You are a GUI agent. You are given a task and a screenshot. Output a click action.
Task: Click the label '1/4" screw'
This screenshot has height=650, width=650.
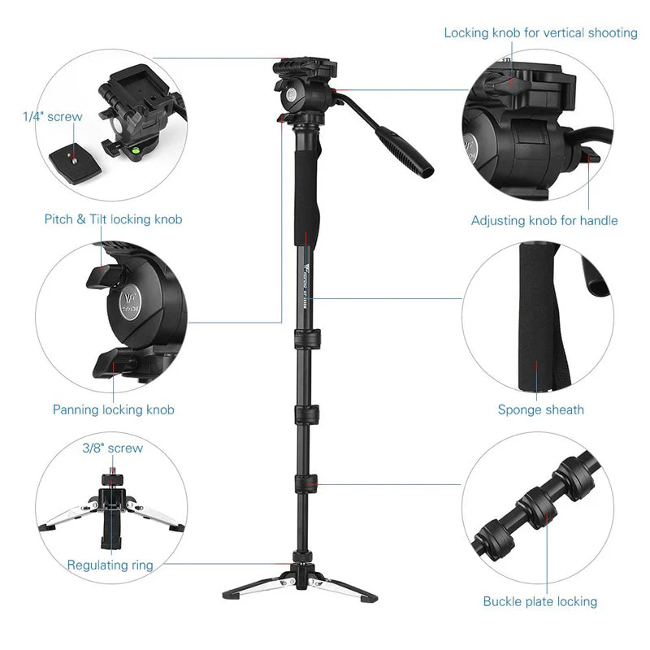[53, 117]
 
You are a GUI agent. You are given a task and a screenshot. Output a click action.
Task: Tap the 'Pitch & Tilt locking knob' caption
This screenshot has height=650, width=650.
[113, 219]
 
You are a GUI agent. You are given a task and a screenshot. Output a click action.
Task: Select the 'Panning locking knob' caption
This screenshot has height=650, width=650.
[113, 410]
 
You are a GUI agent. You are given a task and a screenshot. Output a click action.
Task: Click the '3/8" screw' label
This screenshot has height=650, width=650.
[112, 448]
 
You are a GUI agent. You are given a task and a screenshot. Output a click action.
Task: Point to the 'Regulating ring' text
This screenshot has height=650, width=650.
[110, 565]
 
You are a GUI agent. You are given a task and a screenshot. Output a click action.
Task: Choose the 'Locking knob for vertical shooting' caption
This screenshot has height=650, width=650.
[540, 33]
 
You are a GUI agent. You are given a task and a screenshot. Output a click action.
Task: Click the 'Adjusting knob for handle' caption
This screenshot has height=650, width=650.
[544, 221]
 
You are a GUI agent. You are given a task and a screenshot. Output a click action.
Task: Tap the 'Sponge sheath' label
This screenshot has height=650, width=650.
[540, 410]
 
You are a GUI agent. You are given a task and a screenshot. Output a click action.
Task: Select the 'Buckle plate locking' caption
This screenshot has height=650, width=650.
[539, 602]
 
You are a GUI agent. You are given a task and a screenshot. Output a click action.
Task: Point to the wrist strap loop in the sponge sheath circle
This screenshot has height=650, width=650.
[591, 276]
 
